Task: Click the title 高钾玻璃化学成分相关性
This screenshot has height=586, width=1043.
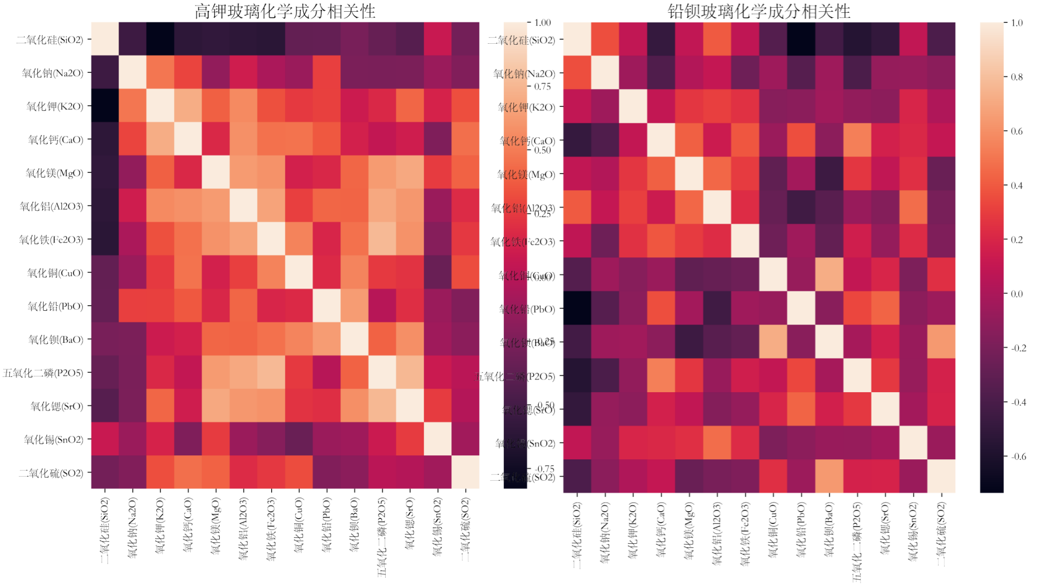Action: pos(285,11)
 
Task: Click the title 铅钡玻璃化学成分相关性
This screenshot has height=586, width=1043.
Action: pos(759,11)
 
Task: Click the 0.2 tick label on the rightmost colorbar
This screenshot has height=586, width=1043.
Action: pos(1016,240)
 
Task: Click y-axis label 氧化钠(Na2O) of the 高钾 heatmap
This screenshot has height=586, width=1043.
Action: pos(52,73)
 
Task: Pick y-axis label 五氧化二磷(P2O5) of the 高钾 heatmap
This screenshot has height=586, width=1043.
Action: pos(43,373)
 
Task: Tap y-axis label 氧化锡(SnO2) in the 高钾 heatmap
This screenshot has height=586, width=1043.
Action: pos(53,439)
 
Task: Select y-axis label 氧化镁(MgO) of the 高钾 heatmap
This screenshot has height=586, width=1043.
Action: pos(54,173)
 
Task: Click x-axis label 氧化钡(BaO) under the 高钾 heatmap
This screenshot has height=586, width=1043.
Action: pos(354,524)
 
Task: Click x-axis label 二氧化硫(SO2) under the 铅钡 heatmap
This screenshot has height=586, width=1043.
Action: pos(941,534)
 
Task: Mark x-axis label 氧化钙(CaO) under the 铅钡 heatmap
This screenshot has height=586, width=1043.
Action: pos(661,530)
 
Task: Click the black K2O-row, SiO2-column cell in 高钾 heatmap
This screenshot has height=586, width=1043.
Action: pos(105,106)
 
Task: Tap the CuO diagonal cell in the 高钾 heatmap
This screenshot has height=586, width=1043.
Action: pos(299,273)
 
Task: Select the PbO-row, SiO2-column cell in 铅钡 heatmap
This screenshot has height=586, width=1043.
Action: pos(577,308)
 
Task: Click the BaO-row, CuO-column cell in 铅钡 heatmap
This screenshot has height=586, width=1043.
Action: pos(773,342)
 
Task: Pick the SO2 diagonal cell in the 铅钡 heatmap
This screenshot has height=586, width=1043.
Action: pos(941,476)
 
